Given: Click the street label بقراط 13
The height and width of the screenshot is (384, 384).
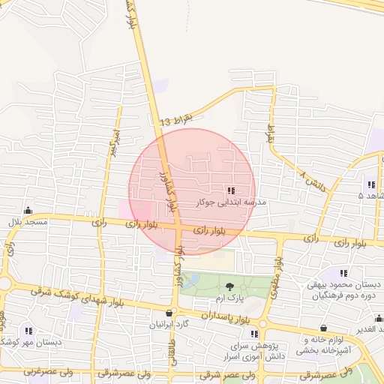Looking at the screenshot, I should point(176,121).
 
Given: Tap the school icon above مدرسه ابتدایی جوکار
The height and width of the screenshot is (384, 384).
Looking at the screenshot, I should point(230,190).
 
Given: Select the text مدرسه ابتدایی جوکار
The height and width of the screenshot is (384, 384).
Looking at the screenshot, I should point(231,202).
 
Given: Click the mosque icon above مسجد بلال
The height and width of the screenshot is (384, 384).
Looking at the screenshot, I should point(28,211).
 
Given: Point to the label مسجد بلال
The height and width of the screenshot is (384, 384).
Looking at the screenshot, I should point(28,223).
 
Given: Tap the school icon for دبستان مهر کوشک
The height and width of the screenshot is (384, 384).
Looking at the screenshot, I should point(28,330).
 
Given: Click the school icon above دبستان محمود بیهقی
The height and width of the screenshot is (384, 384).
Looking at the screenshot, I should point(344,274).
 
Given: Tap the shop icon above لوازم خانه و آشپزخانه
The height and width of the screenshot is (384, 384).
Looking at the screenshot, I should point(323,328).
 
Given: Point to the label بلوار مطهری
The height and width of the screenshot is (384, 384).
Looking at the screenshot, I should point(278,272).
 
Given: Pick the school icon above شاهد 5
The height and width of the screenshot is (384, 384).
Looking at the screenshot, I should point(370,184).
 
